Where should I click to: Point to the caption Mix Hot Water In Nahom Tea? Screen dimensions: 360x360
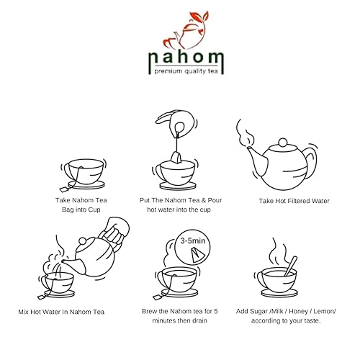62,312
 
